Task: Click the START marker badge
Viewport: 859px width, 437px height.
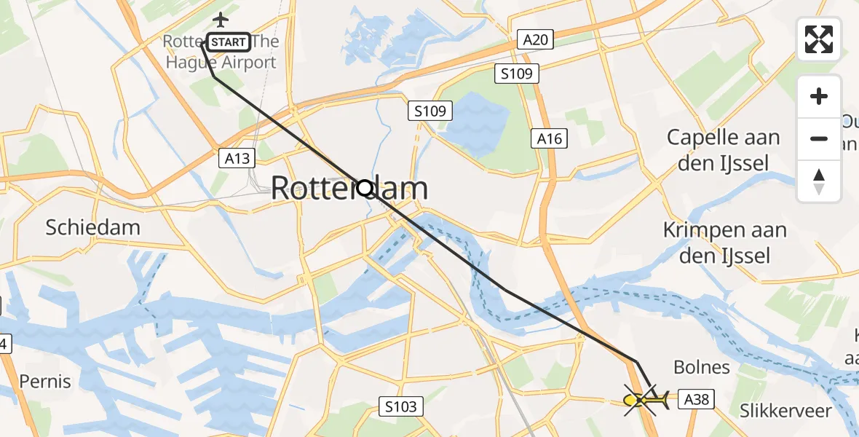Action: pyautogui.click(x=229, y=42)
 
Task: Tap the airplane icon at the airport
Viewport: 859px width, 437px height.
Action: pyautogui.click(x=220, y=19)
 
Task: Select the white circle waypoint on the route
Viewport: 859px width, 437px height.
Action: pyautogui.click(x=365, y=189)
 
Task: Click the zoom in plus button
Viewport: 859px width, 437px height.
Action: pyautogui.click(x=819, y=96)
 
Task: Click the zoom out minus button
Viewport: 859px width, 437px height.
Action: pyautogui.click(x=819, y=138)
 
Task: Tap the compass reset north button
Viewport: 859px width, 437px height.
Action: pyautogui.click(x=819, y=181)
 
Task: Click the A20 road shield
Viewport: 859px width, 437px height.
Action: pyautogui.click(x=535, y=39)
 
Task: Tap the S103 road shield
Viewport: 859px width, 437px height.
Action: pyautogui.click(x=401, y=406)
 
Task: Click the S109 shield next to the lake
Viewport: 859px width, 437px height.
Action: pyautogui.click(x=430, y=111)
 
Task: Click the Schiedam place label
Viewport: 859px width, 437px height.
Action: pyautogui.click(x=92, y=227)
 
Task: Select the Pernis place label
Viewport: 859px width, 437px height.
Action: pyautogui.click(x=45, y=381)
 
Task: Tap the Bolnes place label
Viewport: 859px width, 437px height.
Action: pyautogui.click(x=702, y=367)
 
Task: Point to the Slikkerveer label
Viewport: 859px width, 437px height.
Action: pyautogui.click(x=785, y=411)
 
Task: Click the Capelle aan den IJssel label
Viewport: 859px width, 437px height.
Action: pyautogui.click(x=723, y=150)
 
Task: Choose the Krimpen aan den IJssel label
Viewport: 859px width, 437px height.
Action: pyautogui.click(x=725, y=243)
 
